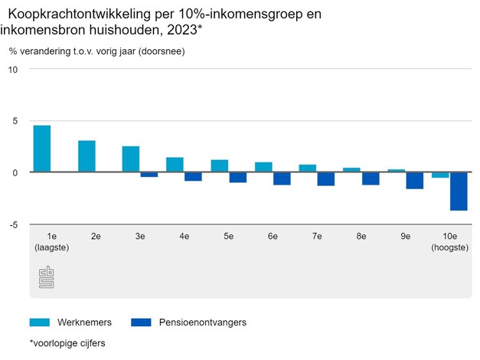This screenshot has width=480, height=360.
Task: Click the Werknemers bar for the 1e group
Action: [x=42, y=149]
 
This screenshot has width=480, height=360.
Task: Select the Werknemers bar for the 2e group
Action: [x=87, y=156]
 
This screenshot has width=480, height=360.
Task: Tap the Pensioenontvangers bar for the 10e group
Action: [x=459, y=191]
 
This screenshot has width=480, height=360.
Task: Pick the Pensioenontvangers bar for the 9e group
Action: [x=414, y=180]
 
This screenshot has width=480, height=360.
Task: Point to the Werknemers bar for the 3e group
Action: [x=131, y=159]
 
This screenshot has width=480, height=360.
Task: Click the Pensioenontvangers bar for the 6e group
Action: [x=282, y=178]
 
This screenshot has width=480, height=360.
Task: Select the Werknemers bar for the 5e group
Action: [x=220, y=165]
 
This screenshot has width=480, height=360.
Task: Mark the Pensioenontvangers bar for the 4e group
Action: [x=193, y=176]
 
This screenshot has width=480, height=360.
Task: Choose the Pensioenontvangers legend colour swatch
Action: [x=141, y=322]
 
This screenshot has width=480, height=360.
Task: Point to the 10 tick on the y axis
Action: [x=12, y=69]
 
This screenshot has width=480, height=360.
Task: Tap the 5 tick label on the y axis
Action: [x=14, y=121]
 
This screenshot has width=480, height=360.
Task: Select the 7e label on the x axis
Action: [x=317, y=237]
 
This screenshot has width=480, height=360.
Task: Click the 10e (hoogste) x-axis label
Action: [x=449, y=242]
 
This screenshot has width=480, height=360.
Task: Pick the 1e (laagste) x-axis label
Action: [x=52, y=242]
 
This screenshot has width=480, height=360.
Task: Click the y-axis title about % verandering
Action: [x=96, y=51]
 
